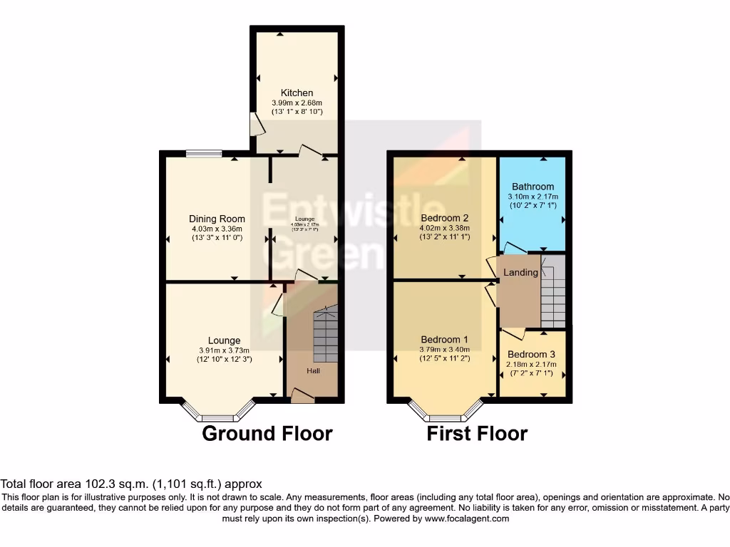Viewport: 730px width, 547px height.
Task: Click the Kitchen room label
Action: click(x=297, y=93)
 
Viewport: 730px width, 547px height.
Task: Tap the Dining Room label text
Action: click(x=217, y=219)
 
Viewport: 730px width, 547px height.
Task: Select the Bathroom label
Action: click(x=533, y=187)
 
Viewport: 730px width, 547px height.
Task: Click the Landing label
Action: click(x=520, y=273)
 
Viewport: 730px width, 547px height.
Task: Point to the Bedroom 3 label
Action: click(x=531, y=354)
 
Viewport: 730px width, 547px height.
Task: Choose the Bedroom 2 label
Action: click(x=444, y=218)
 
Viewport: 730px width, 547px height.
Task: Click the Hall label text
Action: click(x=314, y=371)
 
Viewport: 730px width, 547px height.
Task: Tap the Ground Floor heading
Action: click(x=267, y=433)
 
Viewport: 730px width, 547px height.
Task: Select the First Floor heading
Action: click(x=477, y=433)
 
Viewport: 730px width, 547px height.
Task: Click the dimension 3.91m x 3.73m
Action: click(x=224, y=350)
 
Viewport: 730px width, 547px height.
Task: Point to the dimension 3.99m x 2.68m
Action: click(x=297, y=103)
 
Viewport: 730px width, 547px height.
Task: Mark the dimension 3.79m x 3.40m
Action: click(x=444, y=349)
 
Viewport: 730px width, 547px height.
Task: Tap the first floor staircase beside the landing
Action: click(x=552, y=292)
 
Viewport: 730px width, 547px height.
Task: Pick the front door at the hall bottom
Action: click(x=302, y=396)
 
